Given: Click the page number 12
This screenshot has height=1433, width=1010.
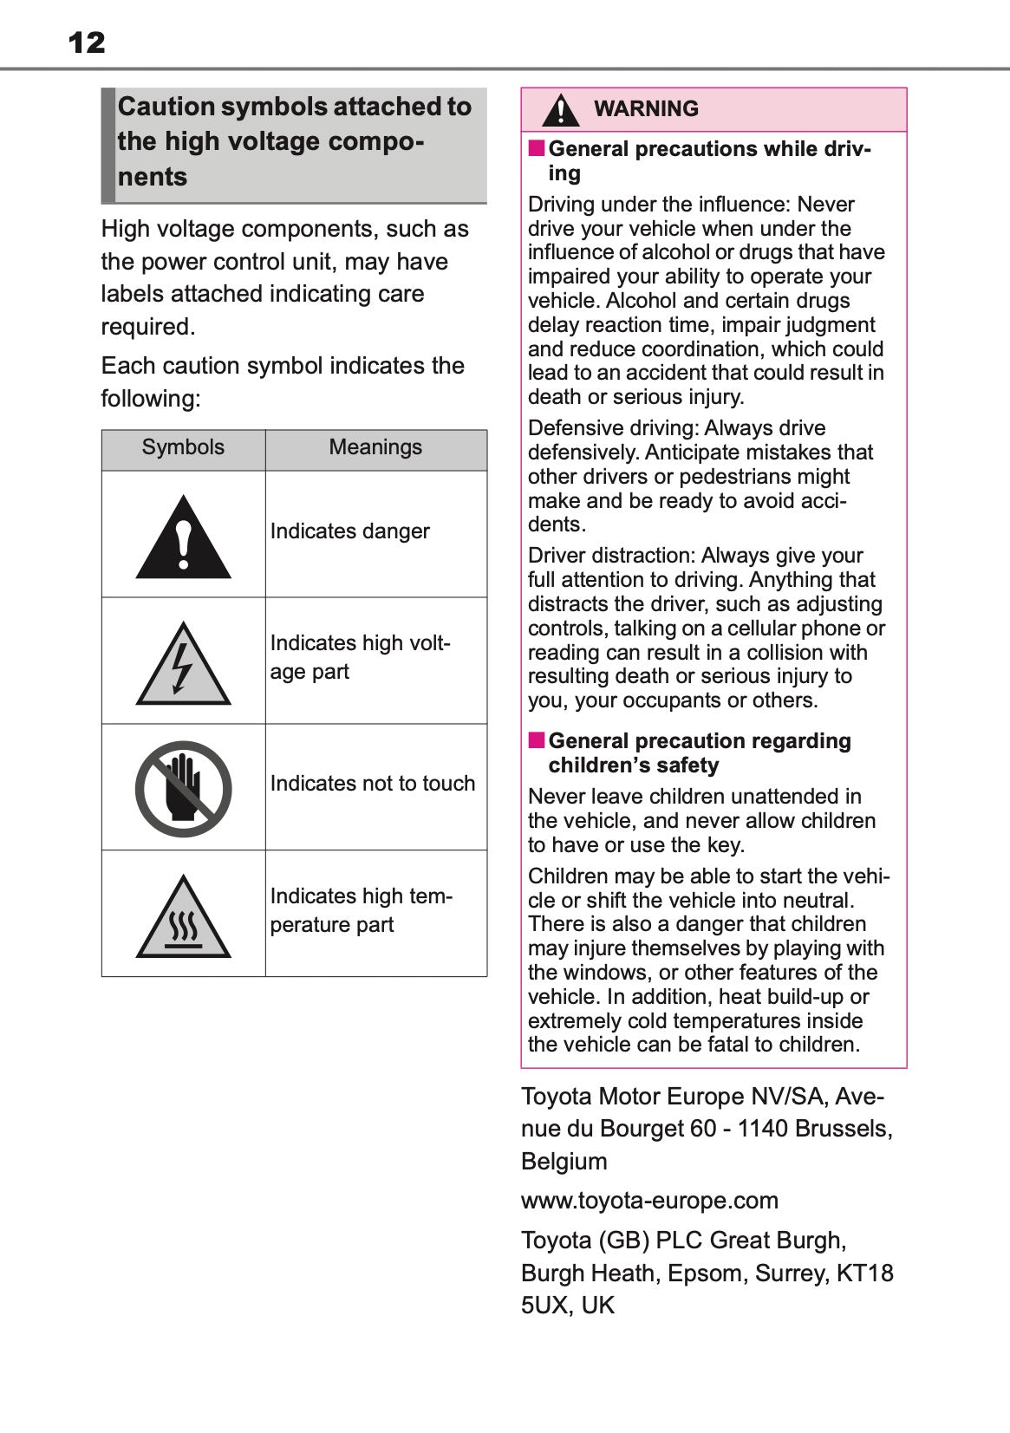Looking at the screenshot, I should click(x=87, y=42).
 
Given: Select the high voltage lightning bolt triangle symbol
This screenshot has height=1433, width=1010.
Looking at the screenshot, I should click(x=183, y=665).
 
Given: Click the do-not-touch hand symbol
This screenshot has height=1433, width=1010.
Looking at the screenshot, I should click(x=183, y=788).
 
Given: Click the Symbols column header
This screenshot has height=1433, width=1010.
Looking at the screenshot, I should click(x=183, y=447).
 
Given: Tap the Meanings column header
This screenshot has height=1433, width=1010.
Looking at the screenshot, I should click(x=375, y=447).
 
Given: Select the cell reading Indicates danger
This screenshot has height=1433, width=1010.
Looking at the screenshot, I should click(x=349, y=531).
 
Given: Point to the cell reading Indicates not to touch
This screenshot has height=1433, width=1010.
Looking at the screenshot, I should click(x=372, y=784).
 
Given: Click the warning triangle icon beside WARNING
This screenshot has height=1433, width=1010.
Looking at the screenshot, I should click(x=561, y=110).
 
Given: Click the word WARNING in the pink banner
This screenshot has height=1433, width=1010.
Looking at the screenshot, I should click(x=646, y=109).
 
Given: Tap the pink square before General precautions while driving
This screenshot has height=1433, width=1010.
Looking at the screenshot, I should click(x=537, y=148).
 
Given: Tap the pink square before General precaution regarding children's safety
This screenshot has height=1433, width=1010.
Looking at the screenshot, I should click(x=537, y=740).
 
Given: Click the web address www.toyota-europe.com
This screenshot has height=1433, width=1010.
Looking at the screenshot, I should click(x=649, y=1201).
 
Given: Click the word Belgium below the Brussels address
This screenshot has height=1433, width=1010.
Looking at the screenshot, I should click(x=564, y=1162).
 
